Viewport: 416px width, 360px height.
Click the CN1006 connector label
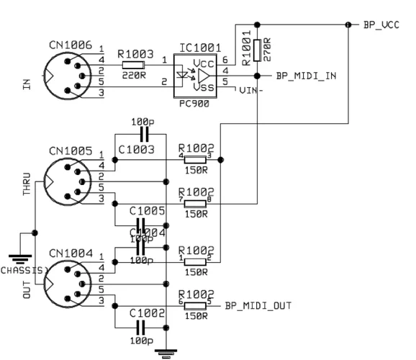point(70,45)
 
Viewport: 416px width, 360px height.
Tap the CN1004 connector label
point(70,253)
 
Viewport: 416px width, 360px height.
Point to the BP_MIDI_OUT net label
point(258,306)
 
